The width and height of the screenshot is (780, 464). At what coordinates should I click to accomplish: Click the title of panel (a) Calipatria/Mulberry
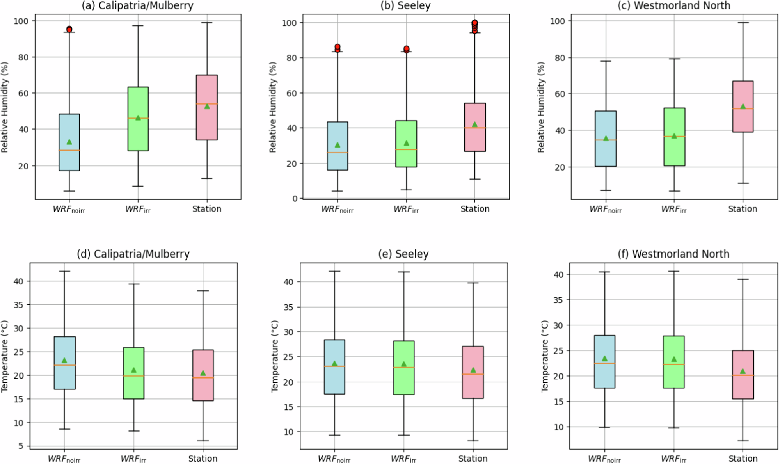(137, 5)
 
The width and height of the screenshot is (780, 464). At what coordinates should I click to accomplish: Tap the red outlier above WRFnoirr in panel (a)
(69, 29)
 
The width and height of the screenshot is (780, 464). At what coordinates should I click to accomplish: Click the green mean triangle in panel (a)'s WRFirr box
(138, 117)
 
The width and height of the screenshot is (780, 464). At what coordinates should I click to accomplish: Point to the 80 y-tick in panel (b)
(292, 58)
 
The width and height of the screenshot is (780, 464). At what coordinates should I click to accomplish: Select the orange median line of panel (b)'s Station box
(475, 128)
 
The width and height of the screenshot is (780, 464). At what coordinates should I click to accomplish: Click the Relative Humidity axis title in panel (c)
(541, 107)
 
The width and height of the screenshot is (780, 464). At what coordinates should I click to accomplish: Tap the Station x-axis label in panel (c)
(743, 209)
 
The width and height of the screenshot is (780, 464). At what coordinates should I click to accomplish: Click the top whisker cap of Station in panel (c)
(743, 23)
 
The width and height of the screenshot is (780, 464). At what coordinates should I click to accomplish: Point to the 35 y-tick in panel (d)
(18, 305)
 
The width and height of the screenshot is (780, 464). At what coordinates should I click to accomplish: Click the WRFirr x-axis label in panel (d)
(133, 459)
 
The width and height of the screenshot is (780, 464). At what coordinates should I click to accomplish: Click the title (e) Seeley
(403, 254)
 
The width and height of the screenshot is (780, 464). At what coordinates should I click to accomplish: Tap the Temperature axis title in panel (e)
(275, 356)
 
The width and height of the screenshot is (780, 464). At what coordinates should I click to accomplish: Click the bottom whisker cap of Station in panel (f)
(743, 441)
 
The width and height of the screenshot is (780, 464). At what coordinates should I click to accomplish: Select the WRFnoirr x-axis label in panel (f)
(604, 459)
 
